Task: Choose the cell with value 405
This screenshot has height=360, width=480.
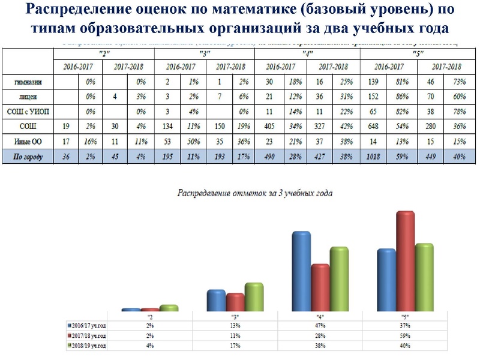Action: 270,125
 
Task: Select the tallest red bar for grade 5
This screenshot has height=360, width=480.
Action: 406,261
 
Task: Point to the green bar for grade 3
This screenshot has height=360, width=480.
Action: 254,296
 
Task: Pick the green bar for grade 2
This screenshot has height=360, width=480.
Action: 170,308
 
